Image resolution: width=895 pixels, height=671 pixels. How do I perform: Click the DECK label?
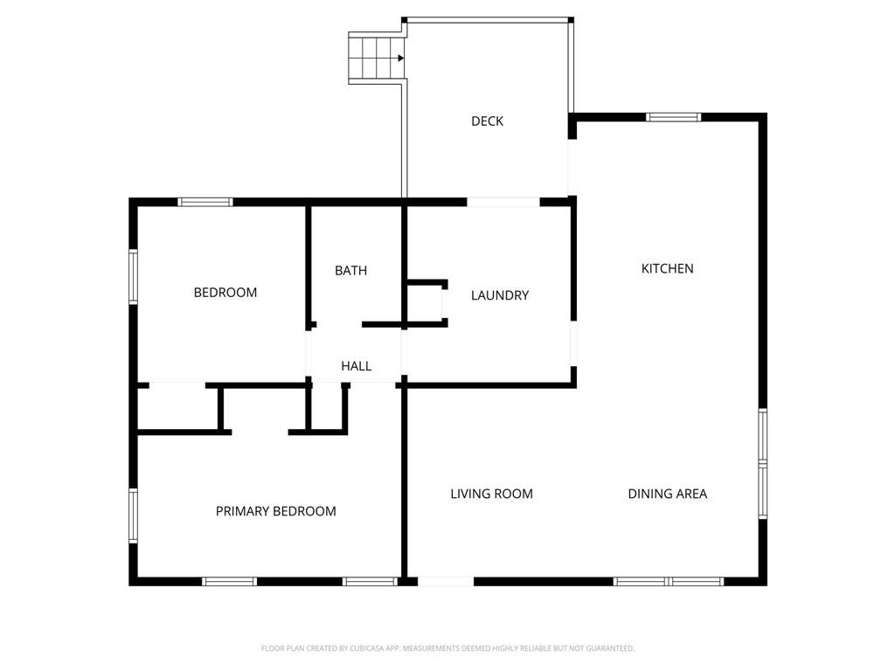pyautogui.click(x=487, y=121)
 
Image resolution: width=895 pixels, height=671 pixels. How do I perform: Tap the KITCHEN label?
pyautogui.click(x=668, y=269)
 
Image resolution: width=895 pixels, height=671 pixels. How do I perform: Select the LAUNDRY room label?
pyautogui.click(x=500, y=295)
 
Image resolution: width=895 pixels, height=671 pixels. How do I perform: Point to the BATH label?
pyautogui.click(x=350, y=271)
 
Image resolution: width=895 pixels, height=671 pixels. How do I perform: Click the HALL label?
pyautogui.click(x=356, y=366)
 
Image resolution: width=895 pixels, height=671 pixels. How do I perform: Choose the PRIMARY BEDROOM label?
pyautogui.click(x=275, y=511)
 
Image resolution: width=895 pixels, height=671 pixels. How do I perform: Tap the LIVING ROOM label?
pyautogui.click(x=491, y=494)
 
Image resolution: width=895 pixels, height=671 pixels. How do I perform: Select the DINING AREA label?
pyautogui.click(x=667, y=494)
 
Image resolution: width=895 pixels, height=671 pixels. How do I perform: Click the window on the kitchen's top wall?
pyautogui.click(x=673, y=117)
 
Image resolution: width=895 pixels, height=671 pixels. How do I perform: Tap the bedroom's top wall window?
pyautogui.click(x=205, y=202)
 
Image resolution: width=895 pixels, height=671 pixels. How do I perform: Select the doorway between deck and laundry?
pyautogui.click(x=503, y=202)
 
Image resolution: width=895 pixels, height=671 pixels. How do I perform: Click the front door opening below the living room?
pyautogui.click(x=445, y=581)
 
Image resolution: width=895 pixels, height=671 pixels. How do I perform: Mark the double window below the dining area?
pyautogui.click(x=669, y=581)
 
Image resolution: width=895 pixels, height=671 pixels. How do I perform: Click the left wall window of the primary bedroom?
pyautogui.click(x=134, y=515)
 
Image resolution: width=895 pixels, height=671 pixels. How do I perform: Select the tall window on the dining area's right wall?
pyautogui.click(x=762, y=463)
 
